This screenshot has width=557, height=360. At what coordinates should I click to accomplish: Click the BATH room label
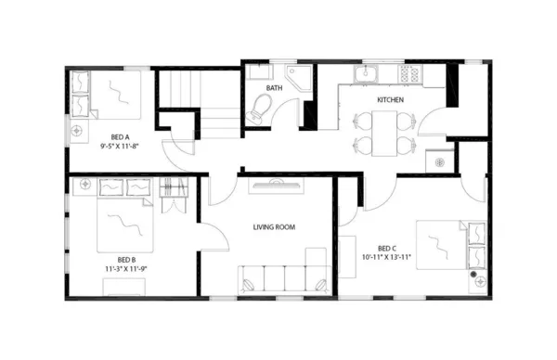274,88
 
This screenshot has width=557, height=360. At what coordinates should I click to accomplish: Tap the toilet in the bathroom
257,111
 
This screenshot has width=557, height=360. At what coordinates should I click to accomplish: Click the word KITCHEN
390,99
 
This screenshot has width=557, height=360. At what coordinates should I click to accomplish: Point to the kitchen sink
368,73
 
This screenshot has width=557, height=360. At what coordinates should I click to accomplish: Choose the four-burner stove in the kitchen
409,73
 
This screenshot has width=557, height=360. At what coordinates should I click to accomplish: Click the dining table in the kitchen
384,131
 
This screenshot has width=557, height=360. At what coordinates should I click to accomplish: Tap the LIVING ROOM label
274,226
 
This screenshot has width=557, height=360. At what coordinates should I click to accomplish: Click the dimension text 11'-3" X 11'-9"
127,269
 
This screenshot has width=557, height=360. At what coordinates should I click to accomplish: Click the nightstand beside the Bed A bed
81,108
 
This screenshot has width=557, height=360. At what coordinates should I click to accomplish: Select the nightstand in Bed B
85,186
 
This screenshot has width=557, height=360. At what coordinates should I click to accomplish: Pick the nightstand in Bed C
477,275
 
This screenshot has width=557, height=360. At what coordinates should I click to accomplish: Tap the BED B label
127,259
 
